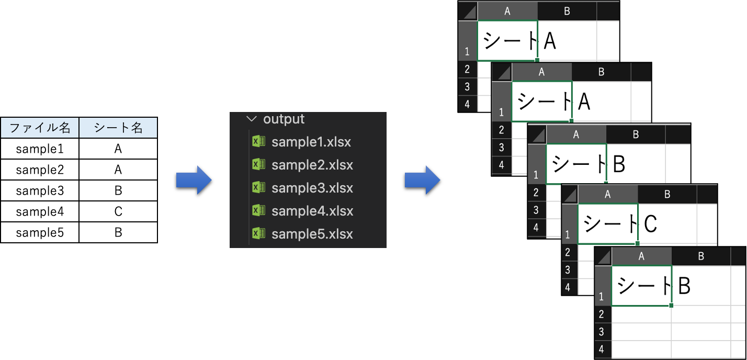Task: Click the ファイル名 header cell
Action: coord(40,128)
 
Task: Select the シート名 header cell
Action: coord(118,128)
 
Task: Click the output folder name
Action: coord(284,119)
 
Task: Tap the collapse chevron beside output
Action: coord(253,119)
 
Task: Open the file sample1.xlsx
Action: coord(311,142)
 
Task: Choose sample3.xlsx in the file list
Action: coord(311,188)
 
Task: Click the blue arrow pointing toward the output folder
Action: coord(194,181)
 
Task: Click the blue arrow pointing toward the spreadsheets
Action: coord(422,181)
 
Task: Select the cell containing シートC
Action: coord(608,224)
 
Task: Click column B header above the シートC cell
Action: coord(667,195)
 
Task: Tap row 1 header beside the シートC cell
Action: coord(569,224)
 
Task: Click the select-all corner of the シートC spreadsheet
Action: coord(570,195)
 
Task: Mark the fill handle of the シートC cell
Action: coord(637,243)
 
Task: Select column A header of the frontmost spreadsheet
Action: coord(641,256)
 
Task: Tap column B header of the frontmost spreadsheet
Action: coord(700,256)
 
